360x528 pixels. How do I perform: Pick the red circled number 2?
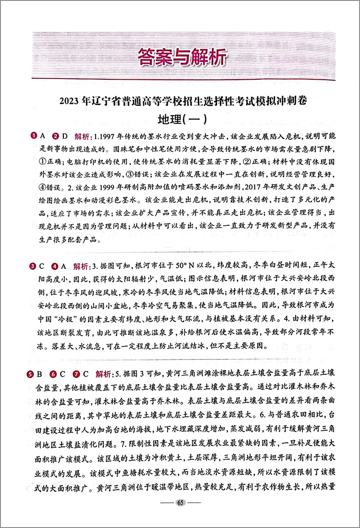(56, 136)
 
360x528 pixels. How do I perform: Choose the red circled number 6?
(53, 375)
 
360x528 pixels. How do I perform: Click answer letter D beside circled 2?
(64, 136)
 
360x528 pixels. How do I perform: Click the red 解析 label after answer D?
(82, 136)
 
